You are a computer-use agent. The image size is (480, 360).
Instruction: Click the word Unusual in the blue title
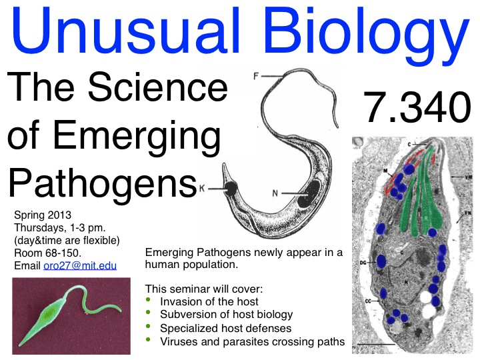[x=125, y=31]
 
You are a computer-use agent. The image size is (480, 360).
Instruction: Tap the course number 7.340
[x=417, y=107]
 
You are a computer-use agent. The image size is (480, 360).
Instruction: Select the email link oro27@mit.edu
[x=80, y=265]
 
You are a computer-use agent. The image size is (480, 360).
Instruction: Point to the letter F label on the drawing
[x=256, y=76]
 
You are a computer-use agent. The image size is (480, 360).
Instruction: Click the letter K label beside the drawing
[x=202, y=188]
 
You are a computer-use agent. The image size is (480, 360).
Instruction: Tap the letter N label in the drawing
[x=275, y=193]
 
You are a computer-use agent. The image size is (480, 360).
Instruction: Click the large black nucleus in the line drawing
[x=309, y=194]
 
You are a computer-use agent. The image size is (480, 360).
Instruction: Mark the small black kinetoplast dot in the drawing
[x=230, y=189]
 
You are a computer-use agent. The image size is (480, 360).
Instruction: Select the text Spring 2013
[x=43, y=215]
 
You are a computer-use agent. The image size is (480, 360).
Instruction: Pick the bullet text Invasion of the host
[x=209, y=301]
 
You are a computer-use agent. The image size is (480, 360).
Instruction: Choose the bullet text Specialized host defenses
[x=225, y=328]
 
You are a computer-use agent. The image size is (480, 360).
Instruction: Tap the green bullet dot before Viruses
[x=149, y=339]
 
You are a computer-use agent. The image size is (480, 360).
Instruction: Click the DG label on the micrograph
[x=363, y=263]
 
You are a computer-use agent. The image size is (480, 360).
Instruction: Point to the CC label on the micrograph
[x=368, y=301]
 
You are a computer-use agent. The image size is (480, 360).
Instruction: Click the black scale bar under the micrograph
[x=376, y=345]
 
